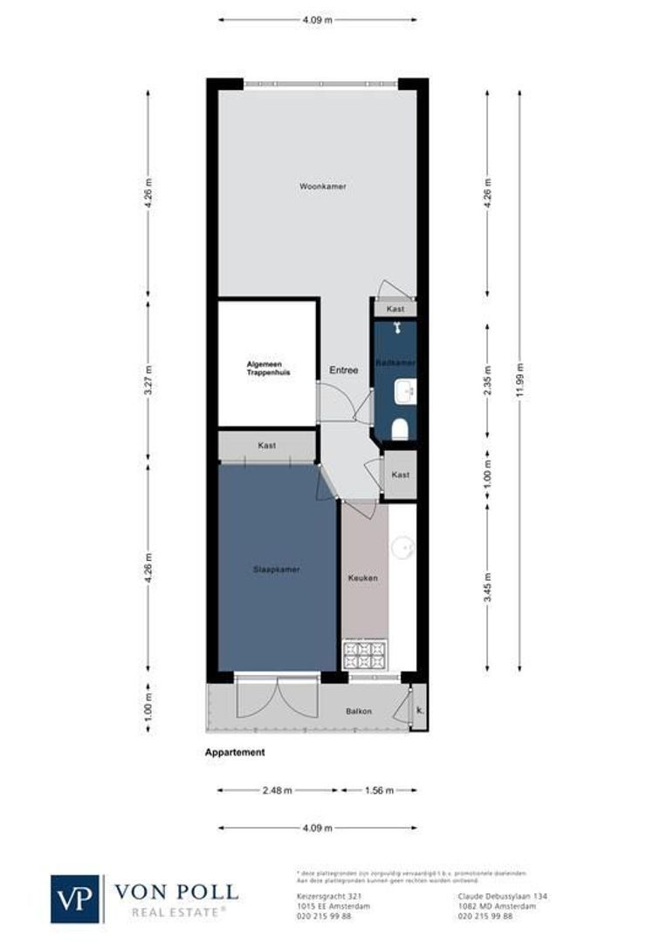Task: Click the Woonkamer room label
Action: click(x=316, y=186)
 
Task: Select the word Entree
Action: click(x=344, y=370)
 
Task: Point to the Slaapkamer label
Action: click(x=276, y=570)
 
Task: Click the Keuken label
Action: click(x=362, y=577)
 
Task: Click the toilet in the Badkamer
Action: click(x=401, y=428)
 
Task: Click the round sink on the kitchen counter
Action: click(x=402, y=547)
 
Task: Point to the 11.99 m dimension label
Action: click(x=520, y=379)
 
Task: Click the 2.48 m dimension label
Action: click(x=277, y=790)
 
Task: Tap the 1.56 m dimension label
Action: click(x=378, y=790)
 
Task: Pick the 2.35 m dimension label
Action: click(x=488, y=385)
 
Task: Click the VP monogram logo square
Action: click(x=76, y=898)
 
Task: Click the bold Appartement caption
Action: click(x=235, y=752)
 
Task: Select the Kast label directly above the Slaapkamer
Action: click(x=267, y=446)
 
